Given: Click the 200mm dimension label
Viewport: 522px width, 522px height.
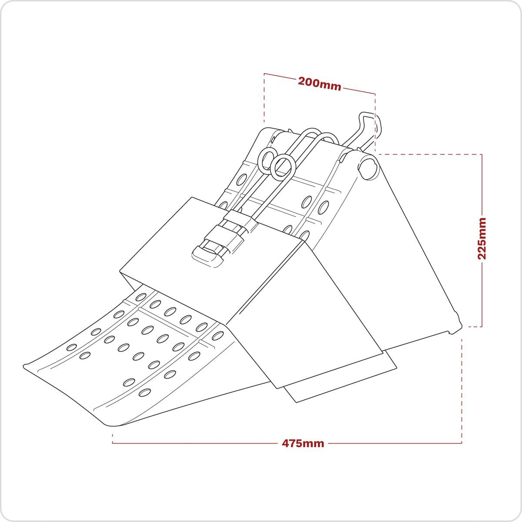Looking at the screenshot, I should tap(319, 84).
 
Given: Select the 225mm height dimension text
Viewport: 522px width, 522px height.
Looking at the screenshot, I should tap(482, 238).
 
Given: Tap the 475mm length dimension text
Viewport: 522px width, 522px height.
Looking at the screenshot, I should tap(303, 443).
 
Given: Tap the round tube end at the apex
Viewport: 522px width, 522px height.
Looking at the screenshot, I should tap(368, 167).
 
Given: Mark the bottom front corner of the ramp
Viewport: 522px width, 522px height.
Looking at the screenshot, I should tap(111, 425).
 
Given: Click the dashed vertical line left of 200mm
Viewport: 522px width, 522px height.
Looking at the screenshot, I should tap(264, 98).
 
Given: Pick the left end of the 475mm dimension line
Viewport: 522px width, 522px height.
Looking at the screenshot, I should tap(113, 443).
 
